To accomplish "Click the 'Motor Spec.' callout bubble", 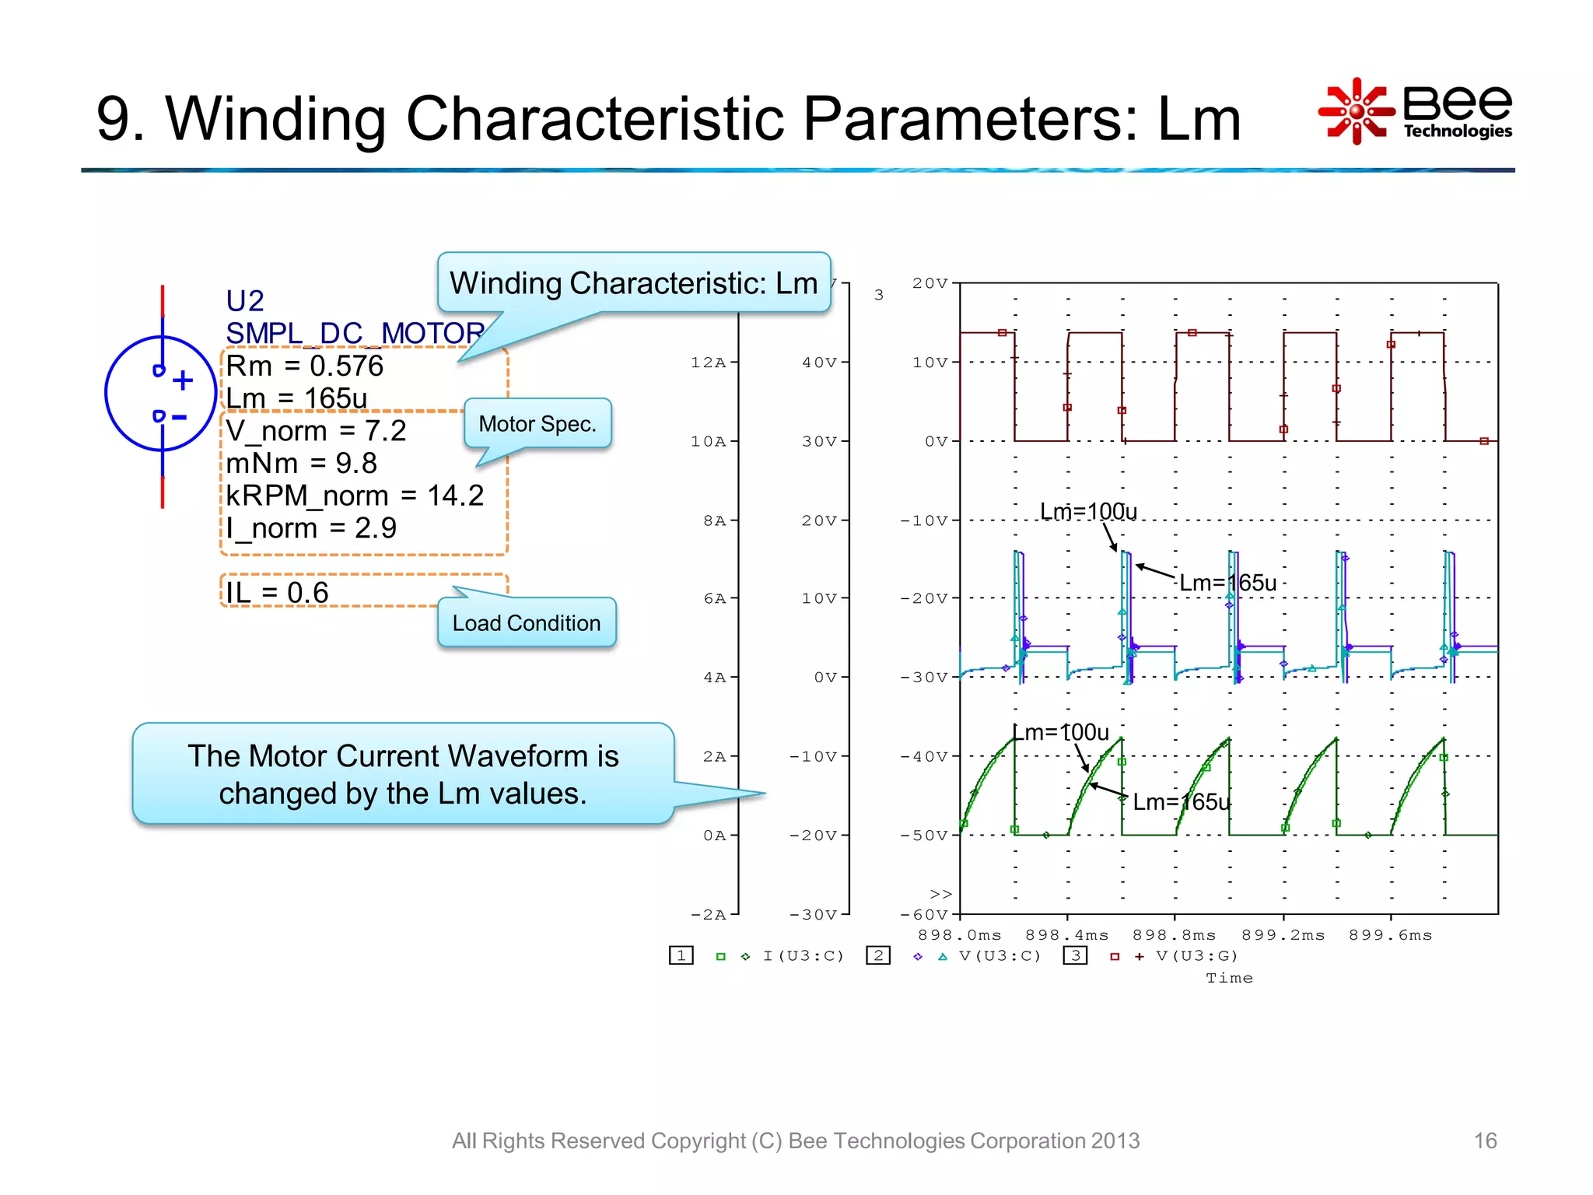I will point(537,424).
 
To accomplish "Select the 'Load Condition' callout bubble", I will point(527,623).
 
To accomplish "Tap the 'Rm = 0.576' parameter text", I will point(305,366).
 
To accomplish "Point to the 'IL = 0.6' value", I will point(278,593).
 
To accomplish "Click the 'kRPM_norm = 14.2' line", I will point(355,496).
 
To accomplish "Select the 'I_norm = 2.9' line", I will point(311,528).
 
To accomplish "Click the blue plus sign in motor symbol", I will point(183,380).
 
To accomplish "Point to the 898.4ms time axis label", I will point(1066,935).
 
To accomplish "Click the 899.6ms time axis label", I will point(1390,935).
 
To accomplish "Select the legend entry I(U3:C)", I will point(803,956).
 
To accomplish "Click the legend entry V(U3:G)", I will point(1196,956).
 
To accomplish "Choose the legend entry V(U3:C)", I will point(1000,956).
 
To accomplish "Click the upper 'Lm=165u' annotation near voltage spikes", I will point(1227,583).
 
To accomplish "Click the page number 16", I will point(1485,1141).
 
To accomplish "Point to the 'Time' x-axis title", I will point(1229,979).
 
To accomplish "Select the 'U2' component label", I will point(245,301).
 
